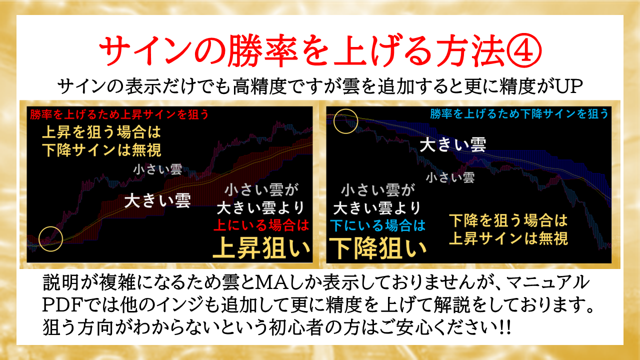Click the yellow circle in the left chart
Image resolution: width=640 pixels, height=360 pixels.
pos(50,239)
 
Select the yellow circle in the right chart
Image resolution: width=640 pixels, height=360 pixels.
pos(345,121)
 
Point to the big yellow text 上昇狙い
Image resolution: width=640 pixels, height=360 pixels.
pos(261,247)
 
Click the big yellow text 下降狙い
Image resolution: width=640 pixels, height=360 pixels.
pos(377,248)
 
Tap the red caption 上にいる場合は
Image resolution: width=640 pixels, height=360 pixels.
pos(261,225)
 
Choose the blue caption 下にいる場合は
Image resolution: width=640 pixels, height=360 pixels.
pos(377,225)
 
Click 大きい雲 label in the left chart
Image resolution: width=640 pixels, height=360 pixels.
pos(157,200)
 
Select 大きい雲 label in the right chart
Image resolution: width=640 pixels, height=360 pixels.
pos(453,144)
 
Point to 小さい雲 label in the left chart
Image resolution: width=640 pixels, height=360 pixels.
pos(157,169)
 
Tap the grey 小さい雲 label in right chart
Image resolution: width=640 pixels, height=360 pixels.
pos(450,177)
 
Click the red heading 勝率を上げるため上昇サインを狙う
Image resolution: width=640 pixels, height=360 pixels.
pos(119,114)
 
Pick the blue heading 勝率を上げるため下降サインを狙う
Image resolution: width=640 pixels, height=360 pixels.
pos(519,114)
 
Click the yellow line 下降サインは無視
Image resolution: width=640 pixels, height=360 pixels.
pos(101,150)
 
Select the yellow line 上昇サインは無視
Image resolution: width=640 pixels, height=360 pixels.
pos(508,238)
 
